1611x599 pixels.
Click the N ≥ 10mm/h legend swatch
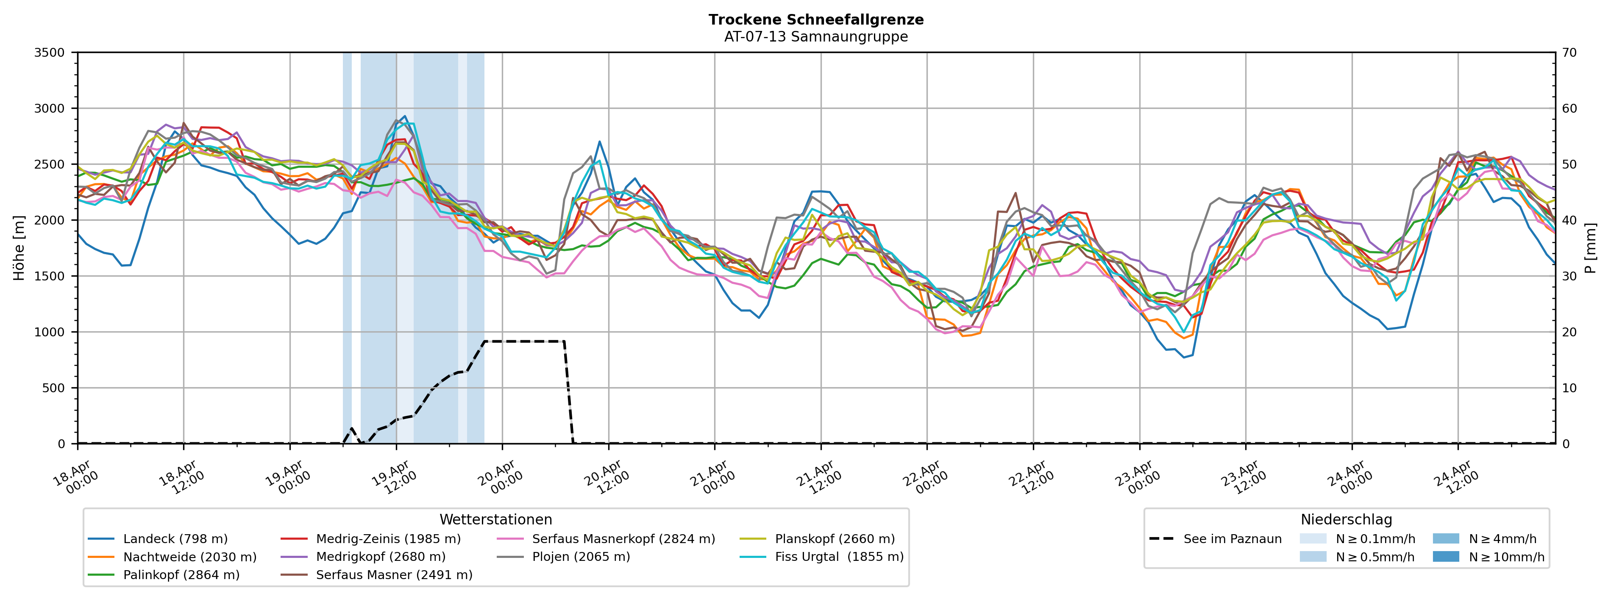coord(1445,557)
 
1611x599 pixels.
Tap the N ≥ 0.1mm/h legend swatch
coord(1313,539)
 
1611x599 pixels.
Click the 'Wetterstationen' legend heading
coord(495,520)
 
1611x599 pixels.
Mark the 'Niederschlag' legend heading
coord(1346,520)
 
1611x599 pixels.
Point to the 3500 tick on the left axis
coord(50,53)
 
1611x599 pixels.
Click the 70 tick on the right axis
coord(1569,53)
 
